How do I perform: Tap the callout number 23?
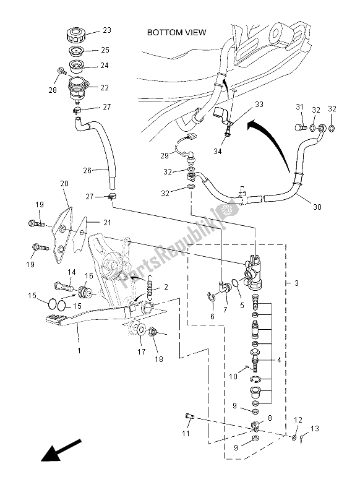(x=107, y=30)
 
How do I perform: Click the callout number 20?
(x=63, y=183)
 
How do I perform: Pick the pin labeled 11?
(x=190, y=417)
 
